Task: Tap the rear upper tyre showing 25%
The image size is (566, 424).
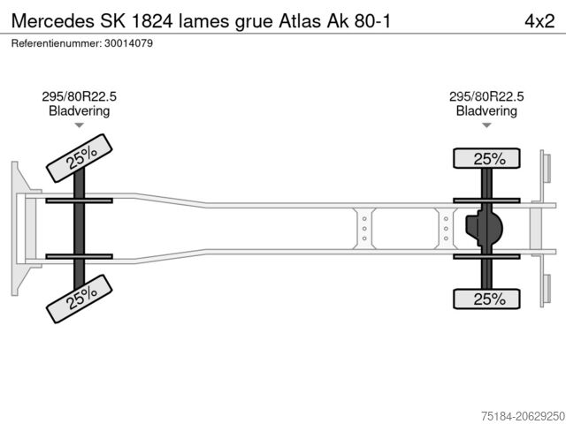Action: [486, 159]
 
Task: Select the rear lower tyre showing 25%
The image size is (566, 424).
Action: [486, 300]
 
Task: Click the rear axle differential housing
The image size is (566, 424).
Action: [486, 230]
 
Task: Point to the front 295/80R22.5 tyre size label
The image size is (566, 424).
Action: [79, 97]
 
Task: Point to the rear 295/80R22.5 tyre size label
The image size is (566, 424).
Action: [486, 97]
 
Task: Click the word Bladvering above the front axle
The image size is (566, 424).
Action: [79, 111]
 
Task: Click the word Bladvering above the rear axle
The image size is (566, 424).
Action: [486, 111]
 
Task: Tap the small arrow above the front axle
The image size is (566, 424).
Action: [79, 126]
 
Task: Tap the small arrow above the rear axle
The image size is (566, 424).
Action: [486, 126]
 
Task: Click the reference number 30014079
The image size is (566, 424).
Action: [127, 43]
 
